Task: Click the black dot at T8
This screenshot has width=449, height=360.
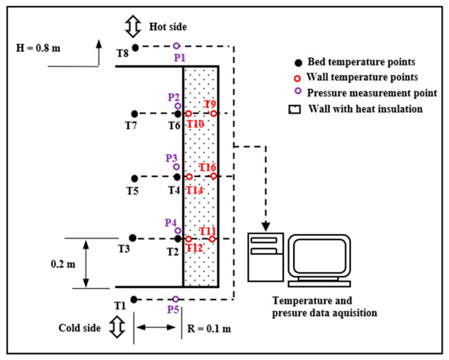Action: (136, 48)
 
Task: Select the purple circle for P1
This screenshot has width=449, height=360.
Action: (176, 46)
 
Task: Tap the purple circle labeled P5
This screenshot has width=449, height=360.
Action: (176, 300)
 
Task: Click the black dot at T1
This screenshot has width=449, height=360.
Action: (134, 300)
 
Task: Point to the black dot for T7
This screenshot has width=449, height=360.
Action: (135, 114)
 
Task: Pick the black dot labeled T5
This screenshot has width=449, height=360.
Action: (135, 179)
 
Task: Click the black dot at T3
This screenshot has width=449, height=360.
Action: (132, 238)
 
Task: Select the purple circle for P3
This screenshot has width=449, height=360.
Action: (176, 167)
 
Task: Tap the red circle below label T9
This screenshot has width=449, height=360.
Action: (213, 113)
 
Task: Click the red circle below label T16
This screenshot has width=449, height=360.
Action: (214, 176)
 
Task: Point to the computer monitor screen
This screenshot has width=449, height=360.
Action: (319, 256)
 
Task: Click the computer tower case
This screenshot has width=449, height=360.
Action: (266, 257)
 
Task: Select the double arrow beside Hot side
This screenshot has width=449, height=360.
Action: (133, 26)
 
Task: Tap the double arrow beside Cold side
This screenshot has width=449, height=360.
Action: (117, 327)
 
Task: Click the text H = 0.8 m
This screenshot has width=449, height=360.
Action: (38, 48)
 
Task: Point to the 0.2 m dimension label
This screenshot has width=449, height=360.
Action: (63, 264)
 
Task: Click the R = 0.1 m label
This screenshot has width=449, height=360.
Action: (209, 328)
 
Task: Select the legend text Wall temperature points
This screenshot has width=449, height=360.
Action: (362, 77)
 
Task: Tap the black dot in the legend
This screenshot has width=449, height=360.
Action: (298, 63)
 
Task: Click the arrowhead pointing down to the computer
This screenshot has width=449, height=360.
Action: (266, 226)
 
